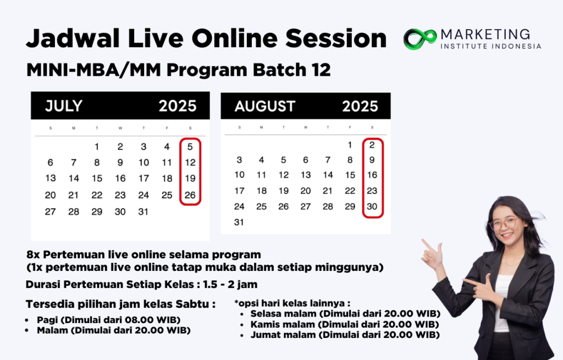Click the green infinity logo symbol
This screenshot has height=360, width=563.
420,38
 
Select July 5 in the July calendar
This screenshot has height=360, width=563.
190,146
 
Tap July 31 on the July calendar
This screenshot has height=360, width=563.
143,212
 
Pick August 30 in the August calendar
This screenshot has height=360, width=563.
372,206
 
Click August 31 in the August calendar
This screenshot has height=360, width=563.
239,222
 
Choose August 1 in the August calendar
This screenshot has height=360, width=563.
350,145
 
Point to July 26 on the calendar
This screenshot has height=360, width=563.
190,195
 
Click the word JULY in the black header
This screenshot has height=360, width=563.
64,106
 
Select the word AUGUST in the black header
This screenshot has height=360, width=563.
265,106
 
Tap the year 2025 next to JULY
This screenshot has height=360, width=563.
178,106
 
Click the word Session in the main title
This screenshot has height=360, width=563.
336,38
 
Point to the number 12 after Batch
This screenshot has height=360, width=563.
321,70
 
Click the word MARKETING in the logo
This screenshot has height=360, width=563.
485,35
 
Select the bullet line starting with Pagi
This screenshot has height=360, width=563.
108,320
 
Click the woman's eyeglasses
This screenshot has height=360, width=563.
505,224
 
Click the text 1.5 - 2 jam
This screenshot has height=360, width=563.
230,285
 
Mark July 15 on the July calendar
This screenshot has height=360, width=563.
97,179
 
